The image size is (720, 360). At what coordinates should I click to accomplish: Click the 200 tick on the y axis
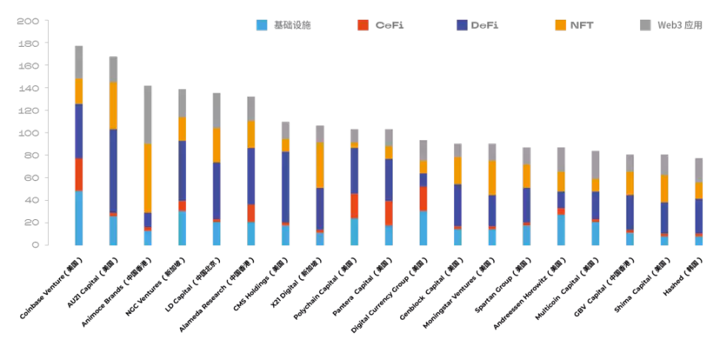[x=27, y=21]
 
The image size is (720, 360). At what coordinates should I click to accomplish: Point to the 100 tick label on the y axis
[x=27, y=133]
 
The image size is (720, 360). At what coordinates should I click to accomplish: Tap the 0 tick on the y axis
[x=34, y=245]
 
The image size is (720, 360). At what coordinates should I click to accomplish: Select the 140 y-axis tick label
[x=27, y=89]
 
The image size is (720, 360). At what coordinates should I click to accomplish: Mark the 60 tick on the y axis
[x=30, y=178]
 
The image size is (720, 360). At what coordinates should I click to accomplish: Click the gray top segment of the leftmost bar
[x=79, y=62]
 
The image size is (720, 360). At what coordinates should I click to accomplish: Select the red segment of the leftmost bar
[x=79, y=174]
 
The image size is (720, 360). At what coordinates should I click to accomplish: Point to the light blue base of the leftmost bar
[x=79, y=218]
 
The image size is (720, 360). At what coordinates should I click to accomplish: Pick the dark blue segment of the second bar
[x=113, y=170]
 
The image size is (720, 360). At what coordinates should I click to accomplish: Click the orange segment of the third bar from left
[x=147, y=178]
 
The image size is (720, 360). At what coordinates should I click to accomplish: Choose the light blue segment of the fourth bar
[x=182, y=227]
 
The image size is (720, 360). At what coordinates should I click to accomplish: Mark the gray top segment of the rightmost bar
[x=699, y=170]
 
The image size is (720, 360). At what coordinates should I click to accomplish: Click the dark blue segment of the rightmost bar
[x=699, y=216]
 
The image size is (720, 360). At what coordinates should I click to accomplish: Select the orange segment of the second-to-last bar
[x=664, y=188]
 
